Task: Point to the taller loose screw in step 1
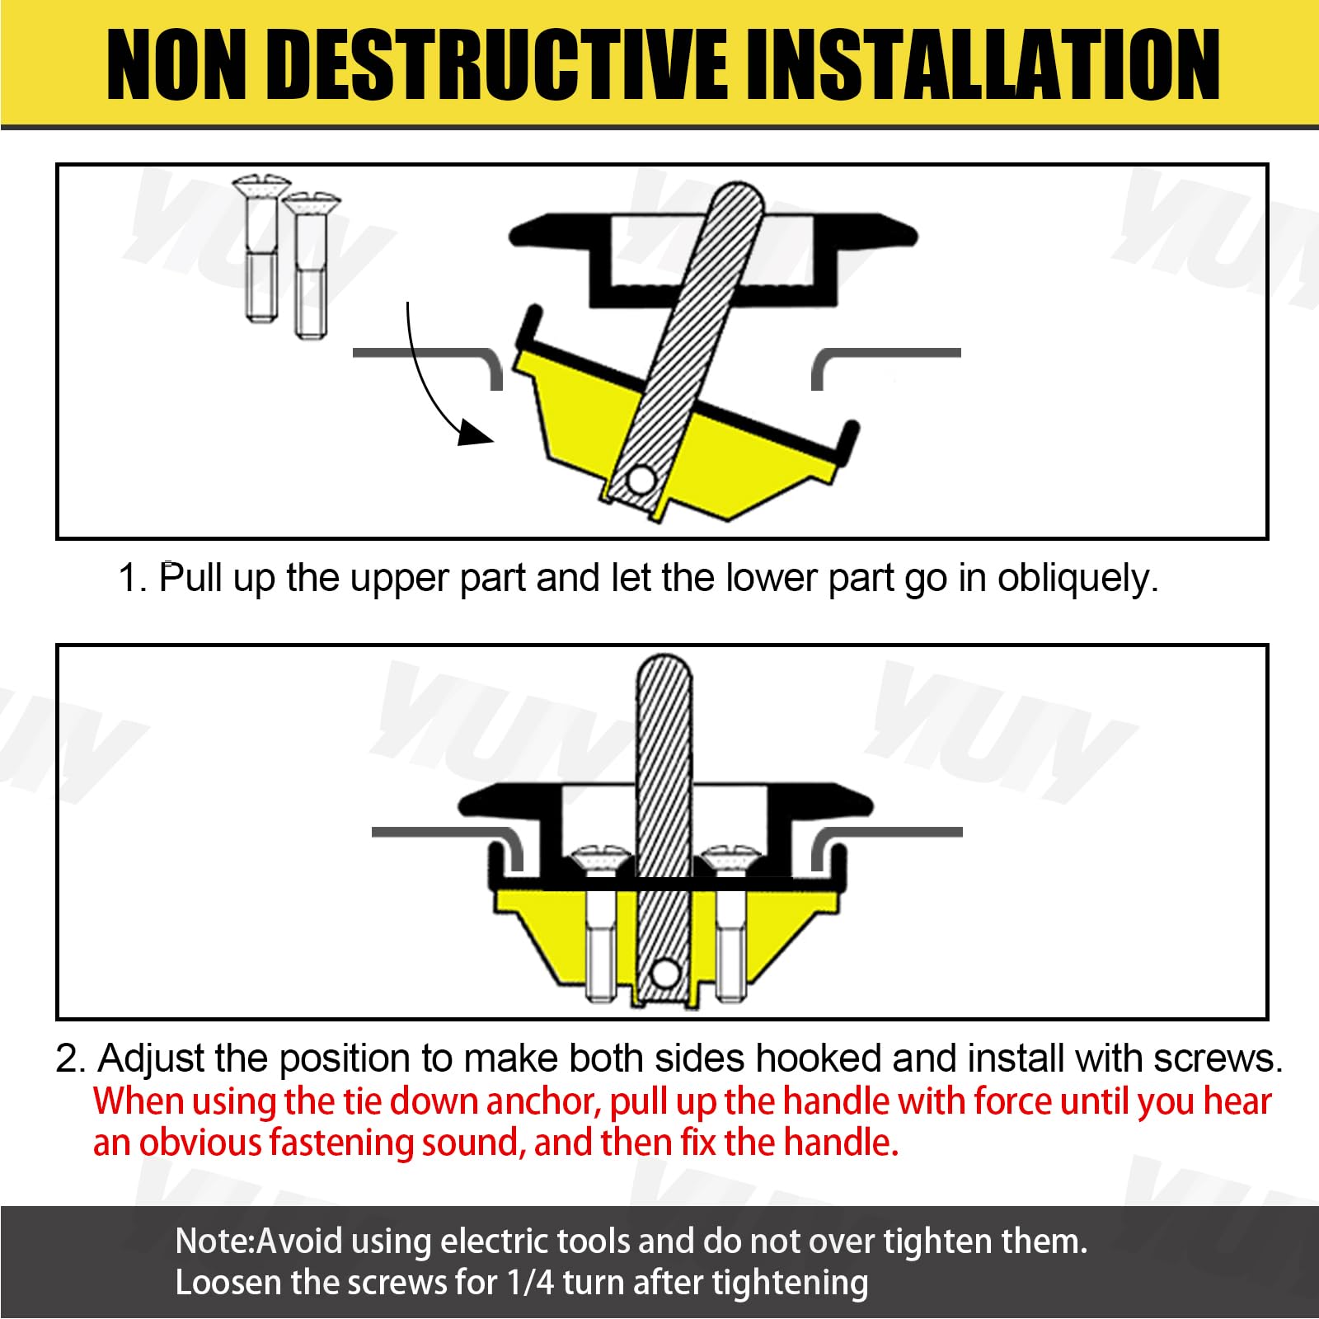[261, 248]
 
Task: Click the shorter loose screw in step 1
[311, 265]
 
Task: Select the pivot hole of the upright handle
[662, 974]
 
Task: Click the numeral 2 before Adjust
[68, 1059]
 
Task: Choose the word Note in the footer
[213, 1242]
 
